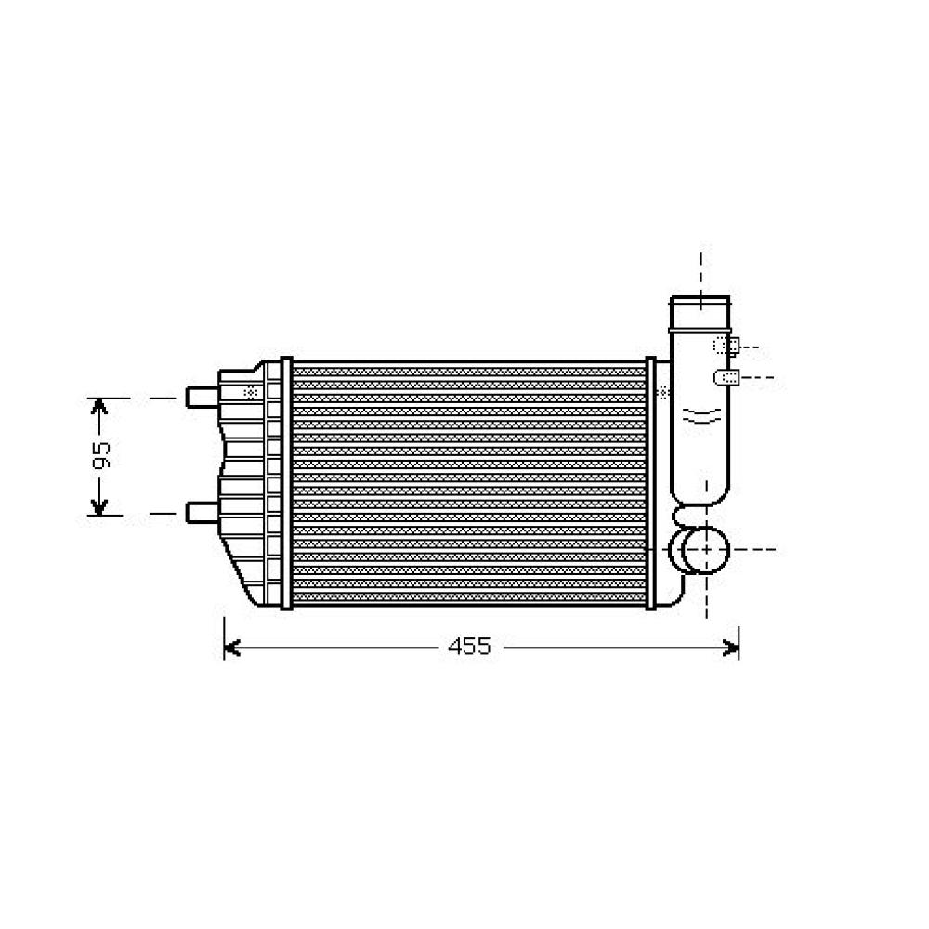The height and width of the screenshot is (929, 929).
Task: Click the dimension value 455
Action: point(469,648)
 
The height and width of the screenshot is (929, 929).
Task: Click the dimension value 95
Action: point(101,455)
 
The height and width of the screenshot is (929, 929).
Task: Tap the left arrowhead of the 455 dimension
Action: point(231,648)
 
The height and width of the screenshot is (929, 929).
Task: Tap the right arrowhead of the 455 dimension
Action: point(731,648)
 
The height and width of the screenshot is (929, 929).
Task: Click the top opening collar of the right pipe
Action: point(700,307)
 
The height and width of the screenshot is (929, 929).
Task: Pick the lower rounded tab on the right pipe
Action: point(726,376)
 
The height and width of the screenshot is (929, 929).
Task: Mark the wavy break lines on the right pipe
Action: point(700,415)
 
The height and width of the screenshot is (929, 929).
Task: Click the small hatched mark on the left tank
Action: point(249,392)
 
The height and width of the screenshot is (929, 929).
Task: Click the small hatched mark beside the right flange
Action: point(662,393)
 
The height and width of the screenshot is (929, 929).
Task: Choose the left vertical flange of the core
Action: point(286,483)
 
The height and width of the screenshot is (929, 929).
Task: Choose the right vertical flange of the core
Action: point(650,483)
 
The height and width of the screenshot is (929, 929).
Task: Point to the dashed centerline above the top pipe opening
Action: point(701,269)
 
